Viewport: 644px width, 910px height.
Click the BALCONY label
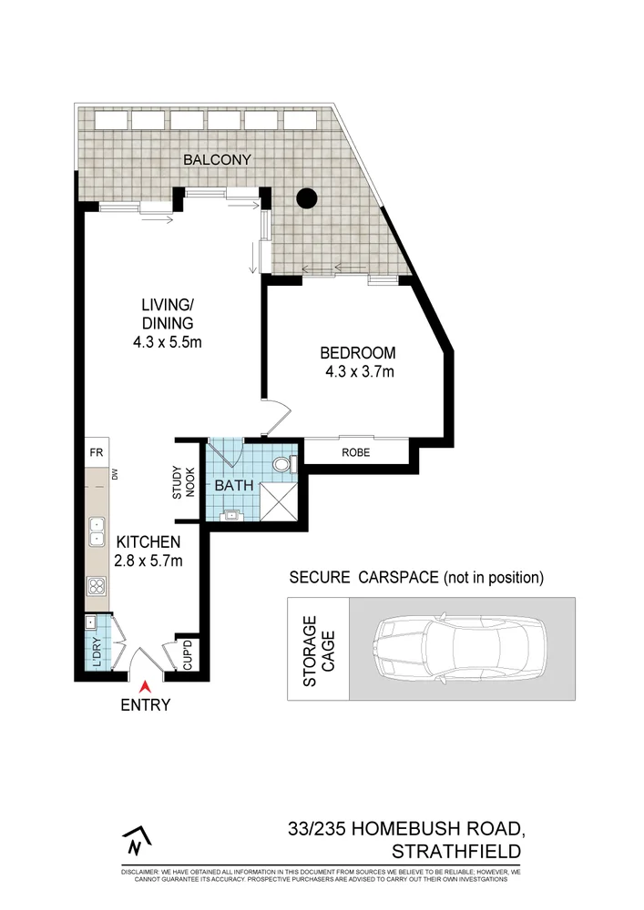(x=217, y=159)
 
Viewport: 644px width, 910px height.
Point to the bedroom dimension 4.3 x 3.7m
(x=358, y=371)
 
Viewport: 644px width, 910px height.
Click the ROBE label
(x=355, y=451)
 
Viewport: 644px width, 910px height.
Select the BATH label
(x=233, y=486)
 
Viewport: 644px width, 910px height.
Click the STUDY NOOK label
(x=183, y=481)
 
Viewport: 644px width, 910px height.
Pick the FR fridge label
(x=95, y=452)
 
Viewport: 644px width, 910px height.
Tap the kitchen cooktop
(x=96, y=585)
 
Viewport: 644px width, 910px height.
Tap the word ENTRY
(x=144, y=704)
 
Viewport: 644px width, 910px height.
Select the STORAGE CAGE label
(x=318, y=650)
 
